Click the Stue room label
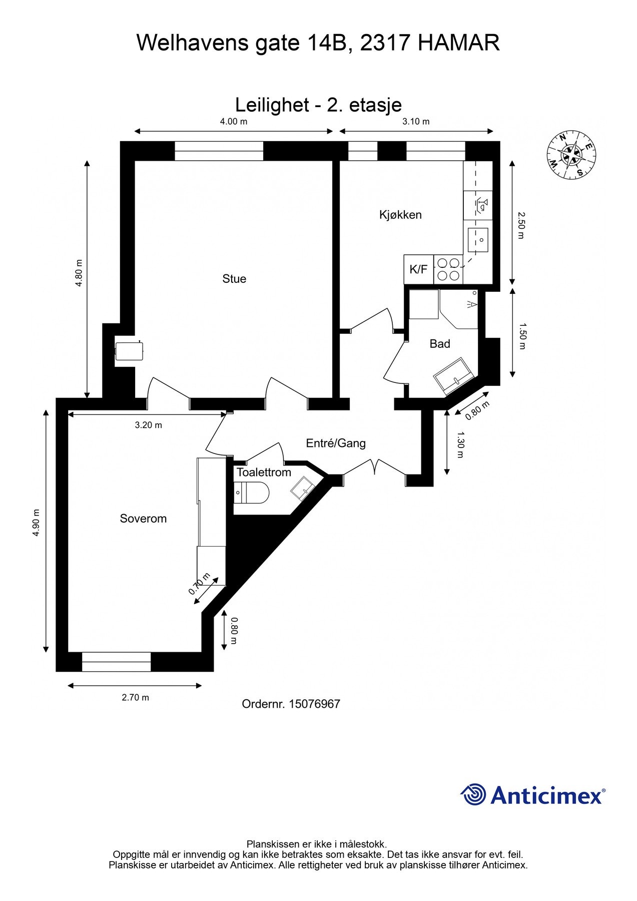[x=234, y=279]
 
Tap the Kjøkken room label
[x=400, y=215]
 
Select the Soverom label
[x=143, y=519]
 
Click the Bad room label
[x=440, y=344]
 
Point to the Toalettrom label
[x=264, y=473]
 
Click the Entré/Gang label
[x=336, y=443]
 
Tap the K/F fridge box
[x=418, y=269]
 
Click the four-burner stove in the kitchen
[x=448, y=269]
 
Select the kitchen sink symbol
[x=478, y=239]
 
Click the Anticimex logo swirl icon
[x=473, y=794]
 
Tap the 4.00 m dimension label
[x=234, y=122]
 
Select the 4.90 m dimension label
[x=36, y=523]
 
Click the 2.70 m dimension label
[x=135, y=697]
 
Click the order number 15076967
[x=314, y=704]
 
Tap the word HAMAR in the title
[x=458, y=43]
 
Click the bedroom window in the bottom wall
[x=116, y=662]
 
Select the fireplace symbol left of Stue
[x=129, y=350]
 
